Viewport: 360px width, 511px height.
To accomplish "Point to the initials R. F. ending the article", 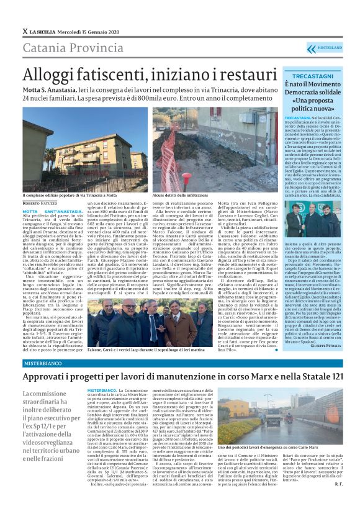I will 338,501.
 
